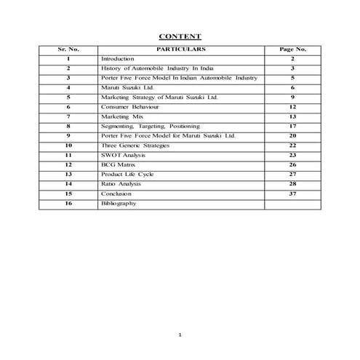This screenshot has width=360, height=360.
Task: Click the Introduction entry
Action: [118, 58]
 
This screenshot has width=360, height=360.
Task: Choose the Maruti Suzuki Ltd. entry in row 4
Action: [124, 87]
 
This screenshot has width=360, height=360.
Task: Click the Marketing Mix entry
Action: [120, 116]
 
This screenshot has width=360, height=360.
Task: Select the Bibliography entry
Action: [119, 204]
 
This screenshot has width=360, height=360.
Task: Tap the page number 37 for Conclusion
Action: [292, 194]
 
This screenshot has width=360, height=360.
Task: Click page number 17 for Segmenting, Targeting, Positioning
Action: [292, 126]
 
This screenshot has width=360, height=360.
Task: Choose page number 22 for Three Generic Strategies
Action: [292, 145]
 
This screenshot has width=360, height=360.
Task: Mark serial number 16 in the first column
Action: [68, 204]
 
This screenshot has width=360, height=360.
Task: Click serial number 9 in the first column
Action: [68, 136]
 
